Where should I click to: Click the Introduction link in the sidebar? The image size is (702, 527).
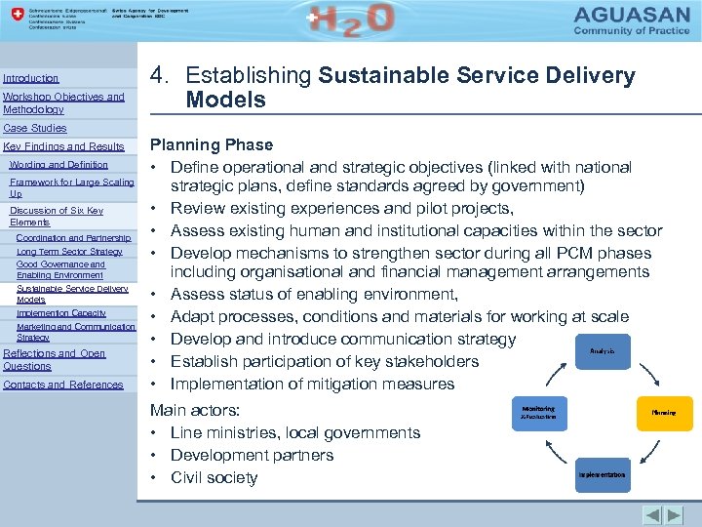click(x=31, y=78)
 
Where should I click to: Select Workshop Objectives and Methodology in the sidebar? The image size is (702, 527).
click(x=63, y=103)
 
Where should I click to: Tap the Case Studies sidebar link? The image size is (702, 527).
click(x=35, y=128)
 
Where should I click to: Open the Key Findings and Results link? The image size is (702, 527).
click(x=64, y=146)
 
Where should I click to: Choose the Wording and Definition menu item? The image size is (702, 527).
click(x=58, y=165)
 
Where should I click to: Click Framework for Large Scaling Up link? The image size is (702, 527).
click(x=71, y=188)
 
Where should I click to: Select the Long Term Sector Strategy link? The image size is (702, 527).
click(x=69, y=252)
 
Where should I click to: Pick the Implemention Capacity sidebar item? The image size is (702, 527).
click(x=61, y=313)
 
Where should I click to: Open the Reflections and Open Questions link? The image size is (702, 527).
click(x=55, y=359)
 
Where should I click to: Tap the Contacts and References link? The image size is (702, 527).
click(x=63, y=385)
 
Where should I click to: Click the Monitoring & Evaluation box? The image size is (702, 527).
click(x=538, y=413)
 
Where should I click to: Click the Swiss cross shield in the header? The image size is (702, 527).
click(x=13, y=18)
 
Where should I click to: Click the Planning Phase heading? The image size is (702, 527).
click(x=211, y=144)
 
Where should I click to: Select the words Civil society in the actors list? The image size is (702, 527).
click(x=214, y=477)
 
